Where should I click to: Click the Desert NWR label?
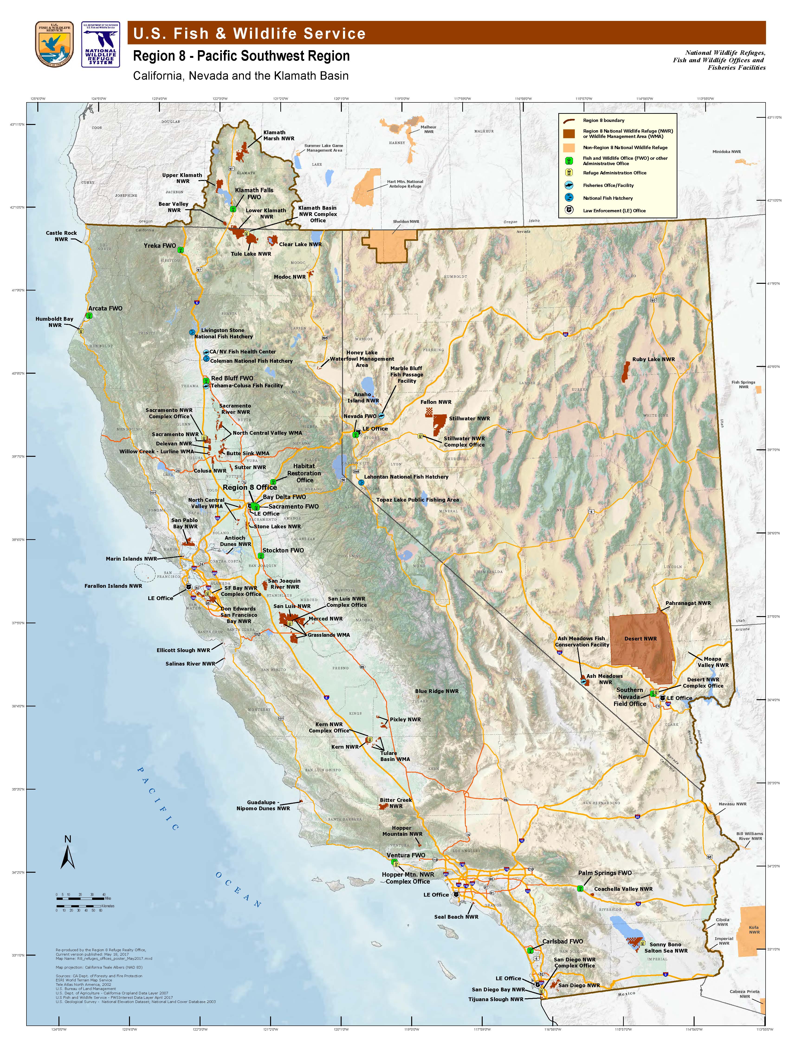(640, 639)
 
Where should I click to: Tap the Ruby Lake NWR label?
(653, 359)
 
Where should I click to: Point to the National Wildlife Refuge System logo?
(100, 44)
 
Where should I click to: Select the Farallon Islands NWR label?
(113, 586)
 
